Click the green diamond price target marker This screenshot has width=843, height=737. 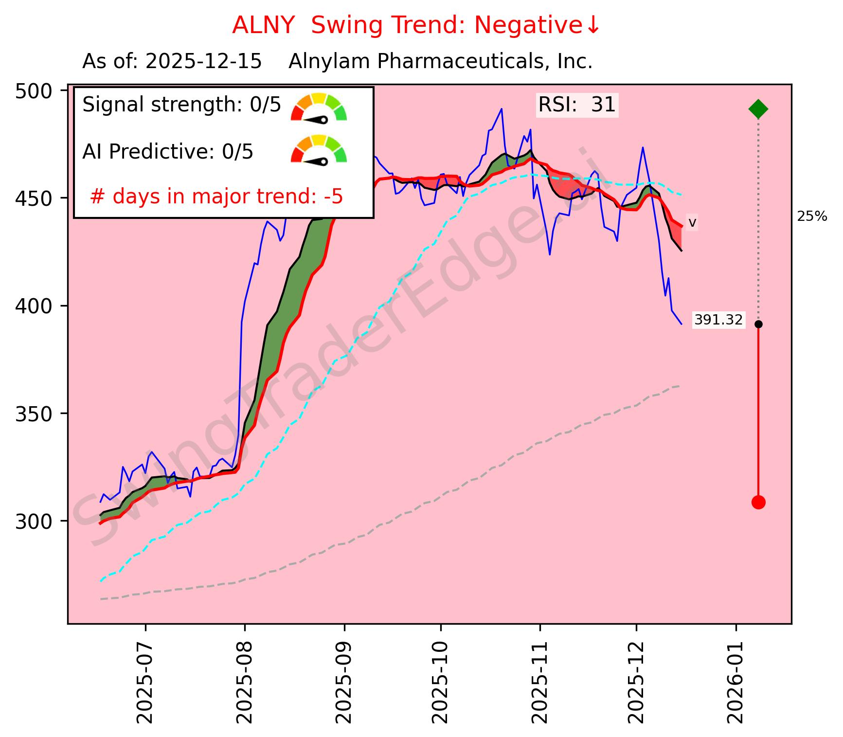pos(758,109)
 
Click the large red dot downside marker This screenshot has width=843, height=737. pos(758,502)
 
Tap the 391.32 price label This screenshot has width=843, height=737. pos(718,320)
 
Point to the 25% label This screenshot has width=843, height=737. pos(811,216)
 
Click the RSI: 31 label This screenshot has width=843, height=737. pos(576,105)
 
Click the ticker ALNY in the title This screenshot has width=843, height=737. pos(263,25)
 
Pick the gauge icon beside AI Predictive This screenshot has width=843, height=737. pos(319,149)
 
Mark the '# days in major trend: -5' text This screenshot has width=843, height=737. pos(216,197)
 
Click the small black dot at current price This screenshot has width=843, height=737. pos(758,324)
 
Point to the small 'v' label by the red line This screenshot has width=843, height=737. pos(692,223)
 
